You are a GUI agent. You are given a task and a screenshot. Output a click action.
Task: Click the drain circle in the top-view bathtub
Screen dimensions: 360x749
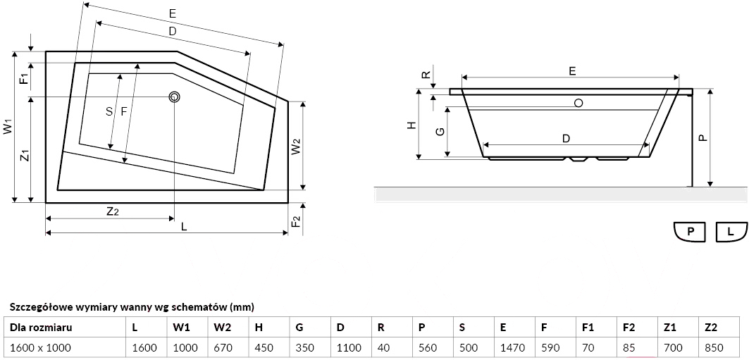tap(174, 97)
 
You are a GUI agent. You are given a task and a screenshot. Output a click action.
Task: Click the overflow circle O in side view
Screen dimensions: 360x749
tap(578, 103)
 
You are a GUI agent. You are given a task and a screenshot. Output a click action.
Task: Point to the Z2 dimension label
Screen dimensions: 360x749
tap(112, 211)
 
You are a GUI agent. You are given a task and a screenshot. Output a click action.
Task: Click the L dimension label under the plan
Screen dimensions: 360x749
tap(183, 226)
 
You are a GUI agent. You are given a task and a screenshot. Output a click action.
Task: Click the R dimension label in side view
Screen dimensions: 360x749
tap(426, 75)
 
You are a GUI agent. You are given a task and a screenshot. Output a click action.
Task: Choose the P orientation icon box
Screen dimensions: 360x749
tap(691, 231)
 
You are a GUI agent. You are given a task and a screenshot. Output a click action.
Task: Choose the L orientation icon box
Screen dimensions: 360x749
tap(731, 231)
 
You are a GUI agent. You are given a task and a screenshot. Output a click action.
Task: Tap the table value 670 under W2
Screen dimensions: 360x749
tap(222, 347)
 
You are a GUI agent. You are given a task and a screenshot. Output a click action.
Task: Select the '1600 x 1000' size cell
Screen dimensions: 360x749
tap(41, 347)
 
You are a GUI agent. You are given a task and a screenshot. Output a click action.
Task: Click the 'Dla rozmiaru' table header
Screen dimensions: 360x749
tap(41, 327)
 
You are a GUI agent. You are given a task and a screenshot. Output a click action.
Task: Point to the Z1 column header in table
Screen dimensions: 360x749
tap(670, 327)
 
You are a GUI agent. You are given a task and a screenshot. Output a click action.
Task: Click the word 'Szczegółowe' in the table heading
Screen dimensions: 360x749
tap(37, 306)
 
